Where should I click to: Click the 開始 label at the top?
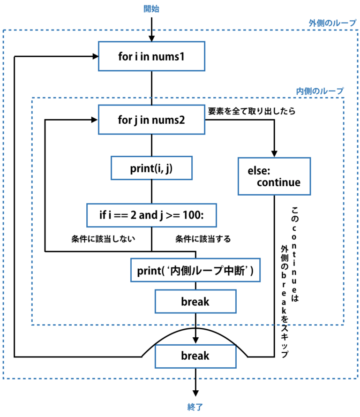(151, 8)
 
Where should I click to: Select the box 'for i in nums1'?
(151, 56)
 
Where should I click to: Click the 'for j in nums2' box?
(151, 120)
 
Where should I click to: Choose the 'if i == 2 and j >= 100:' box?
(151, 215)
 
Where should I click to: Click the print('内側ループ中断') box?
(195, 271)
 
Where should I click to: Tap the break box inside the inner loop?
(195, 302)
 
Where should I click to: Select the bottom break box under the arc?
(195, 356)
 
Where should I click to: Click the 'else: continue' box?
(274, 176)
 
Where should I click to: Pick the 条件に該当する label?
(203, 239)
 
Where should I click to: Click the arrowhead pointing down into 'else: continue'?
(274, 153)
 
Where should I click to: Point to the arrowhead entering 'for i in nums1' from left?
(94, 57)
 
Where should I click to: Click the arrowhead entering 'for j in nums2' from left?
(94, 120)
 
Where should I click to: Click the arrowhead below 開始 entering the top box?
(151, 37)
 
